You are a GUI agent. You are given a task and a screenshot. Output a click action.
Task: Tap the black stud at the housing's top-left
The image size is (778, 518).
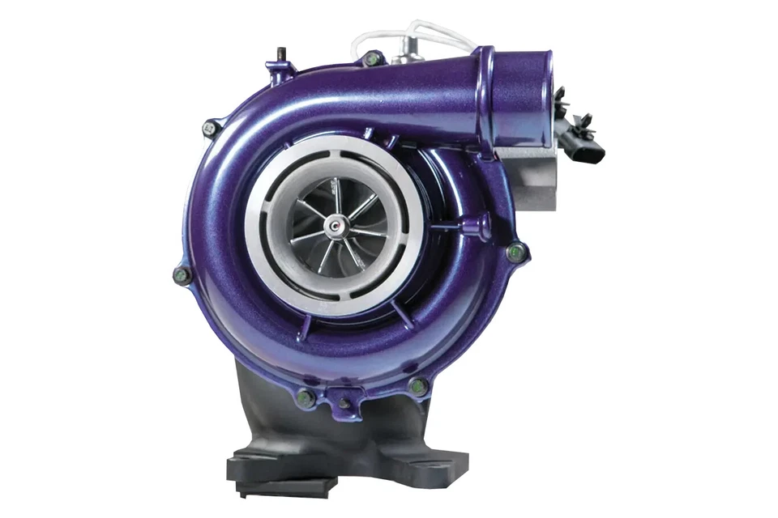[x=279, y=54]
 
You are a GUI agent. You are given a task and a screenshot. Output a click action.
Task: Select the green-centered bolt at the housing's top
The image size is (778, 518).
[x=372, y=58]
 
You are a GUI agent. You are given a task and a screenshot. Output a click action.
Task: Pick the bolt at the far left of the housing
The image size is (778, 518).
[x=182, y=275]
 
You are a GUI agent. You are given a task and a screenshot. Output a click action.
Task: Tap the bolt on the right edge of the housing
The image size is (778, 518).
[x=515, y=253]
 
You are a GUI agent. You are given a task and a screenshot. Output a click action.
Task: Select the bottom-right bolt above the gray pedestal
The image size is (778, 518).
[x=418, y=386]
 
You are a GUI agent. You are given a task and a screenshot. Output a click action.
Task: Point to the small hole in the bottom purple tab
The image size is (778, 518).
[x=345, y=402]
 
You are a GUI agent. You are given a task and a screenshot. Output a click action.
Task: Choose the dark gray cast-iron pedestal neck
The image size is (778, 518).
[x=267, y=405]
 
